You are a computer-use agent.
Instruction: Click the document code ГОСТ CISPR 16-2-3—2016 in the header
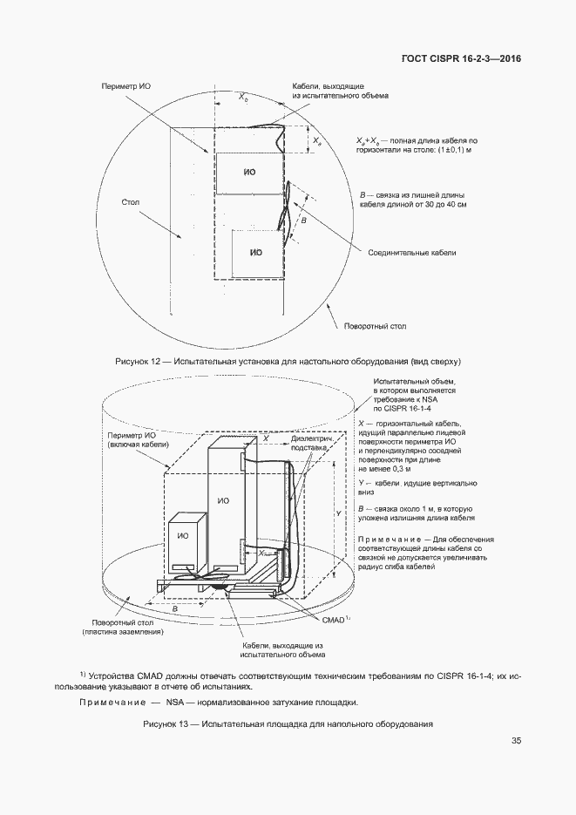(463, 58)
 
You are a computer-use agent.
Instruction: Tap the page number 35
(516, 741)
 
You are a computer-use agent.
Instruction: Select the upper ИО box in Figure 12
(250, 173)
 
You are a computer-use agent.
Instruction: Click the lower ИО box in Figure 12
(255, 252)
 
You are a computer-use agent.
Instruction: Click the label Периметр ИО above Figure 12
(128, 88)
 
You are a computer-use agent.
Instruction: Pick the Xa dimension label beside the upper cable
(318, 139)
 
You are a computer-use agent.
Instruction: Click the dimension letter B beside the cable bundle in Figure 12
(303, 221)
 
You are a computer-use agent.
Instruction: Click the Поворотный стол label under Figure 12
(373, 327)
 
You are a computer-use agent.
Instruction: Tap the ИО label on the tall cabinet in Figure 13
(224, 501)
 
